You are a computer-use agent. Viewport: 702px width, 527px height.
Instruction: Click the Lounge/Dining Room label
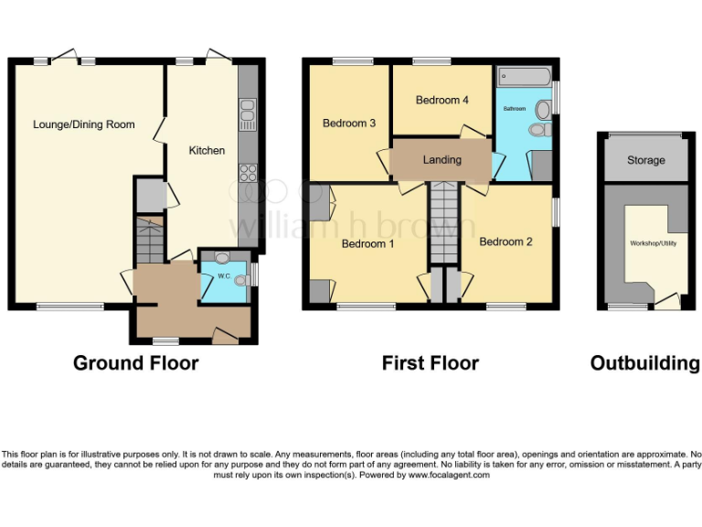(83, 124)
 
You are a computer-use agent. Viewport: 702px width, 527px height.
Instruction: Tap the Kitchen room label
(207, 150)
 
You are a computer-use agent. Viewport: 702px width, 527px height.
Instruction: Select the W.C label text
(223, 276)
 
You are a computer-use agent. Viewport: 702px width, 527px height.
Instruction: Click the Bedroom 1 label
(368, 244)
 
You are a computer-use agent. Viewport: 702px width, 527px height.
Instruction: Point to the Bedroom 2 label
(505, 242)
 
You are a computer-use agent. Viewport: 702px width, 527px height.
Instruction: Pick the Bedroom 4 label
(442, 100)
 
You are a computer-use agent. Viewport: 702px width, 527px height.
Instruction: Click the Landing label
(441, 160)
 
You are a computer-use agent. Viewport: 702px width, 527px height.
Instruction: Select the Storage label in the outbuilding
(645, 160)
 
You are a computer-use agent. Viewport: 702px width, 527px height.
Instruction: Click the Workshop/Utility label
(650, 244)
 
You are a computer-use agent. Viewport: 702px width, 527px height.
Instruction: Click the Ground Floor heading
(135, 363)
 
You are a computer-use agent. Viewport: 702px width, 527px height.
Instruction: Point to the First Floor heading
(430, 363)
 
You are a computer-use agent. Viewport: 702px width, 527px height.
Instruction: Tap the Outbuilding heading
(644, 363)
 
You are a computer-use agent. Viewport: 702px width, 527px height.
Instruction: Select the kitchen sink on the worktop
(247, 115)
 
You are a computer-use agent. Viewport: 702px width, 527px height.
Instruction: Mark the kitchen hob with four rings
(247, 172)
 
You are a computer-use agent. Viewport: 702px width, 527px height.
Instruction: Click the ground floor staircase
(148, 239)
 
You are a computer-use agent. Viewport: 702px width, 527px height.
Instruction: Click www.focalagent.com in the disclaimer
(449, 475)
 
